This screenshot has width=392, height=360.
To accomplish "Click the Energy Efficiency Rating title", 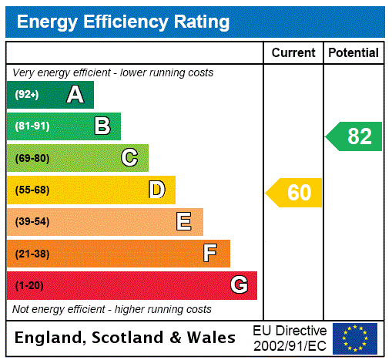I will coord(123,22).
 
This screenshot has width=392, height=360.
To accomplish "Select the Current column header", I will coord(293,52).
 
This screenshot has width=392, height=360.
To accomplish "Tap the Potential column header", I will coord(353,52).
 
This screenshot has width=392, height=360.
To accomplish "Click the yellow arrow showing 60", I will coord(294,192).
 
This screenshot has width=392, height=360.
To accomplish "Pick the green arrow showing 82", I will coord(354,136).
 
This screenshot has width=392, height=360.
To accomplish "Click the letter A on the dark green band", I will coord(75,95).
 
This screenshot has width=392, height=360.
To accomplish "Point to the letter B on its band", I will coord(102,126).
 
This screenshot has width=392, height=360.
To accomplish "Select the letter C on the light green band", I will coord(129,158).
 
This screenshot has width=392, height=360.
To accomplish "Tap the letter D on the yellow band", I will coord(156,190).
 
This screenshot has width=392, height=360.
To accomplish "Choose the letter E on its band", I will coord(184,222).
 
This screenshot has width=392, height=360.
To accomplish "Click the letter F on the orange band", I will coord(210,254).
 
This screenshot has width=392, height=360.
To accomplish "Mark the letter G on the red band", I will coord(239,285).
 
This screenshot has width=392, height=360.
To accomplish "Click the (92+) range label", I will coord(27,95).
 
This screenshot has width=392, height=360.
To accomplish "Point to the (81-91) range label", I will coord(32,126).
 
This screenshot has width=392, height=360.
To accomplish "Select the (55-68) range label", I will coord(32,190).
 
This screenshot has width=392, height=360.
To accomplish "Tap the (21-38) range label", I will coord(32,254).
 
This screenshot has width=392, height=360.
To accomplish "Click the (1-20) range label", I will coord(29,286).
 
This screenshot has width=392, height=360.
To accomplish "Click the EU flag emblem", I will coord(355,338).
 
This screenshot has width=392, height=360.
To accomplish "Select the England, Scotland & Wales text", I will coord(126,338).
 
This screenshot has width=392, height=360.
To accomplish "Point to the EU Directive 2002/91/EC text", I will coord(290,338).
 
